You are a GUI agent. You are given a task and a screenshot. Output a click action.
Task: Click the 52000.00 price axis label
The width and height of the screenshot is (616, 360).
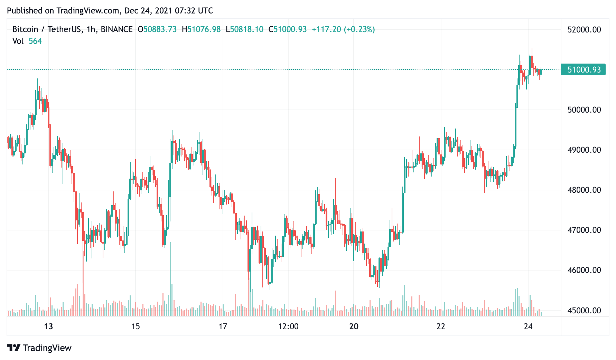[584, 30]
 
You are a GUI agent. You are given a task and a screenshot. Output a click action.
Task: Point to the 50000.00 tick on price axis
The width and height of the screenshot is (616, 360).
[584, 110]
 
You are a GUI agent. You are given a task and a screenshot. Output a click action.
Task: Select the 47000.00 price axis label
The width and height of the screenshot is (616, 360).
[584, 230]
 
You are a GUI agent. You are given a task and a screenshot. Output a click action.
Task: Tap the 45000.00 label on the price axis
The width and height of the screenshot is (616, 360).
[584, 311]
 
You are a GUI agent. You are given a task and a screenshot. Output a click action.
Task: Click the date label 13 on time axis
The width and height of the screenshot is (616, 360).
[48, 326]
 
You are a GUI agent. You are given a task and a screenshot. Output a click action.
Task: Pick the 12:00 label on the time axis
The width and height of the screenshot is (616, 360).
[288, 326]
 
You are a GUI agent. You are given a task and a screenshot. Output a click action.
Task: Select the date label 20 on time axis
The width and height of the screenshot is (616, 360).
[354, 326]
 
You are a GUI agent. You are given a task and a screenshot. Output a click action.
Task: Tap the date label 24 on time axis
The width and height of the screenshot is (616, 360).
[528, 326]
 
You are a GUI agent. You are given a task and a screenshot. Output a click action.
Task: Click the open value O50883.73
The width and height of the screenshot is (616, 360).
[157, 30]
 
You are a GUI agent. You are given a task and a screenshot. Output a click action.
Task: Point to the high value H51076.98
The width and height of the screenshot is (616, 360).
[201, 30]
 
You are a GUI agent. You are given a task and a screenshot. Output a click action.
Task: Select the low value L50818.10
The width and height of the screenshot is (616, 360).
[244, 30]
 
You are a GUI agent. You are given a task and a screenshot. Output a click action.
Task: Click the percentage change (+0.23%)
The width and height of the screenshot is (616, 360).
[359, 30]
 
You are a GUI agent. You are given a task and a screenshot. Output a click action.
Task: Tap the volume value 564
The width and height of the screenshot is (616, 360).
[35, 41]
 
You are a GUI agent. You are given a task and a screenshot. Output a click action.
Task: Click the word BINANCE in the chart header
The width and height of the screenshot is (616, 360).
[116, 30]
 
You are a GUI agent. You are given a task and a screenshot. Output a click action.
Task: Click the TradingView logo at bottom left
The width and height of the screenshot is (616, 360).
[39, 348]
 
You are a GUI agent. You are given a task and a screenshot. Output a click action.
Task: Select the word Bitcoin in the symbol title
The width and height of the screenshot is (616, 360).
[25, 30]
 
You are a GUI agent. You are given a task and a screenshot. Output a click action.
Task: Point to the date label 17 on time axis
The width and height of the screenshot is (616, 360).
[223, 326]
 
